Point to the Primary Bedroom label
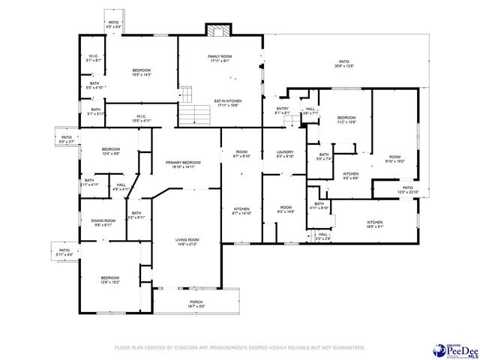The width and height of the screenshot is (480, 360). click(x=183, y=165)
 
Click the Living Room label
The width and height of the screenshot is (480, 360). click(x=186, y=241)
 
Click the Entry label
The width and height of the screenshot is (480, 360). click(x=282, y=111)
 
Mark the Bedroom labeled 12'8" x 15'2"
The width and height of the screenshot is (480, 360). click(x=110, y=280)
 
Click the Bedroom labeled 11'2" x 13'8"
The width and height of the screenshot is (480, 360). click(x=346, y=120)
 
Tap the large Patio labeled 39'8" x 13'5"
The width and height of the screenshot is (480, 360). click(x=343, y=64)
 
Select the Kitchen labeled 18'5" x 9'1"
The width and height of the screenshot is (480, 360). click(x=375, y=224)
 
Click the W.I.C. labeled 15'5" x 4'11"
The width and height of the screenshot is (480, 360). click(x=142, y=118)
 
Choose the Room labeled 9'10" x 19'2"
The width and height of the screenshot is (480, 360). click(x=394, y=158)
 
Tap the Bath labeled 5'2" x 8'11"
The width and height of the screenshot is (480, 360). click(x=136, y=215)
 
